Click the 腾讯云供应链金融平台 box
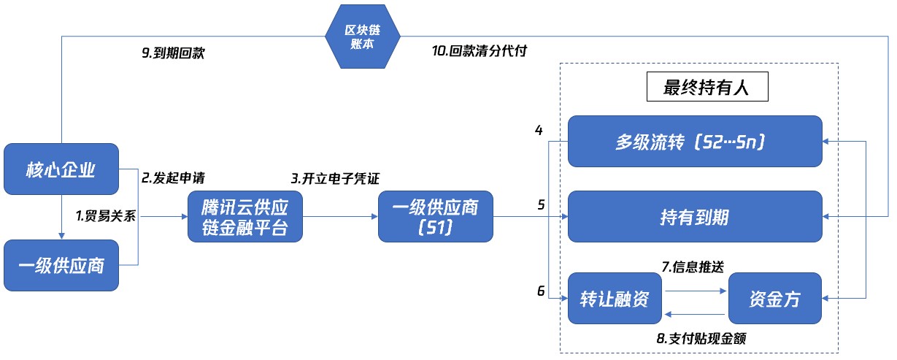pyautogui.click(x=244, y=217)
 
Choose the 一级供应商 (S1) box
pyautogui.click(x=435, y=217)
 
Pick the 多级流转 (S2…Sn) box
pyautogui.click(x=695, y=141)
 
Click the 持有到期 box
pyautogui.click(x=695, y=217)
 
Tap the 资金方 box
pyautogui.click(x=774, y=297)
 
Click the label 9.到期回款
pyautogui.click(x=173, y=53)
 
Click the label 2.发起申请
pyautogui.click(x=173, y=177)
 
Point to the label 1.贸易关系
pyautogui.click(x=106, y=216)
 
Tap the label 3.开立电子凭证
pyautogui.click(x=336, y=177)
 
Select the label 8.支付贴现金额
pyautogui.click(x=701, y=338)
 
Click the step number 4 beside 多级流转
pyautogui.click(x=539, y=131)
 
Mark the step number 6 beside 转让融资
pyautogui.click(x=541, y=291)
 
